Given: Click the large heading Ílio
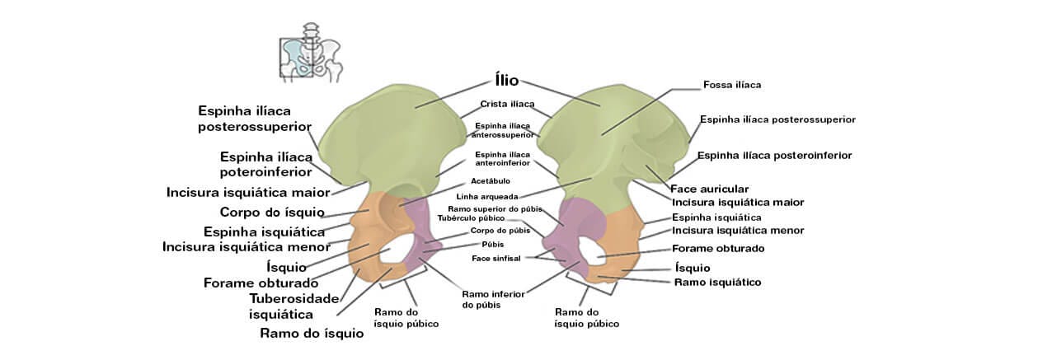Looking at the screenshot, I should click(506, 80).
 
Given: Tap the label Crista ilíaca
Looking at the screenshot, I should click(507, 104).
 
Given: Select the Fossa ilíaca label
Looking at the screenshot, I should click(731, 84).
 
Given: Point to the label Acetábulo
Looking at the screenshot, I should click(491, 180).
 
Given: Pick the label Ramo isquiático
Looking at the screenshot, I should click(716, 282).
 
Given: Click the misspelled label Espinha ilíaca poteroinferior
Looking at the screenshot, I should click(265, 164).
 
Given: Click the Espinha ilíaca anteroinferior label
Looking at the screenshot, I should click(502, 159).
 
